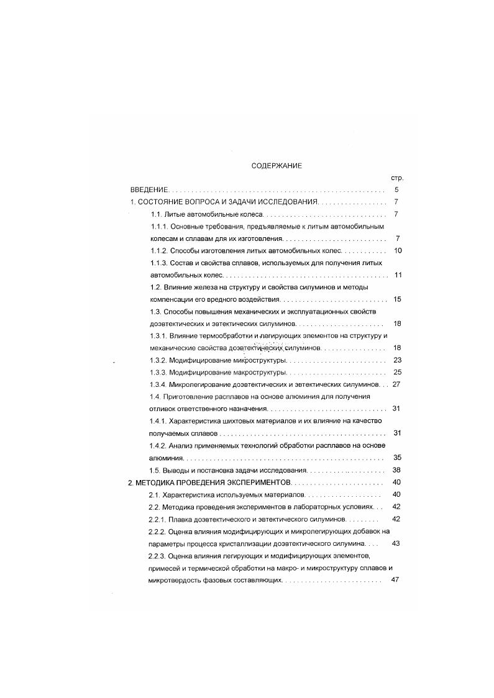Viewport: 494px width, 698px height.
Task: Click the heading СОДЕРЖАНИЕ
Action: [x=277, y=166]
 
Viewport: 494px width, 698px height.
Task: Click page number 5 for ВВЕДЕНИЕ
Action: [x=396, y=189]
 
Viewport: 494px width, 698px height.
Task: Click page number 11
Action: [x=398, y=274]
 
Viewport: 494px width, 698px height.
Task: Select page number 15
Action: [x=398, y=299]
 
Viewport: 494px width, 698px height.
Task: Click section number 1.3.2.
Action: [x=161, y=360]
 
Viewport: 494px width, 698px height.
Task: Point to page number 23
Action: [x=398, y=360]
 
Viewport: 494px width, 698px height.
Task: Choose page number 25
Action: [x=398, y=372]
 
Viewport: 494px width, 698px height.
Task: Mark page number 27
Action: [x=398, y=384]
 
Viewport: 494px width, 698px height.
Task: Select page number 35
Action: [x=398, y=458]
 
